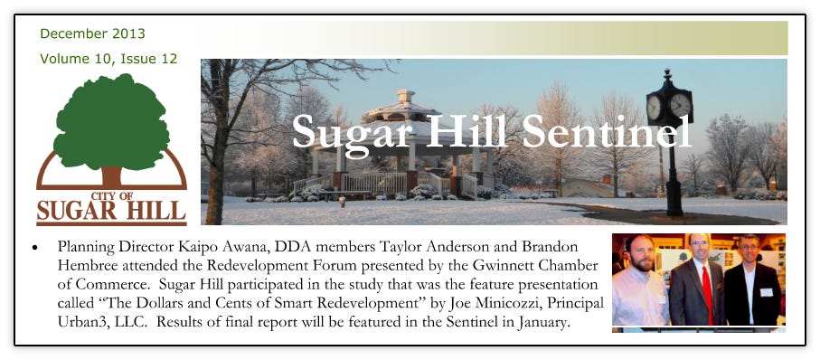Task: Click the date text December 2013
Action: point(92,34)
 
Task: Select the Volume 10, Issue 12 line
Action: point(108,59)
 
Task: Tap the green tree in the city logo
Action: point(111,123)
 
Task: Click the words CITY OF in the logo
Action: point(111,195)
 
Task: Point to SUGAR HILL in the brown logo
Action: point(111,211)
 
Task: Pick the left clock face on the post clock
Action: point(655,108)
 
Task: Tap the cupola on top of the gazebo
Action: point(405,98)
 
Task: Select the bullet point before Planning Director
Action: point(35,246)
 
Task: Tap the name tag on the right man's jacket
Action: point(766,292)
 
